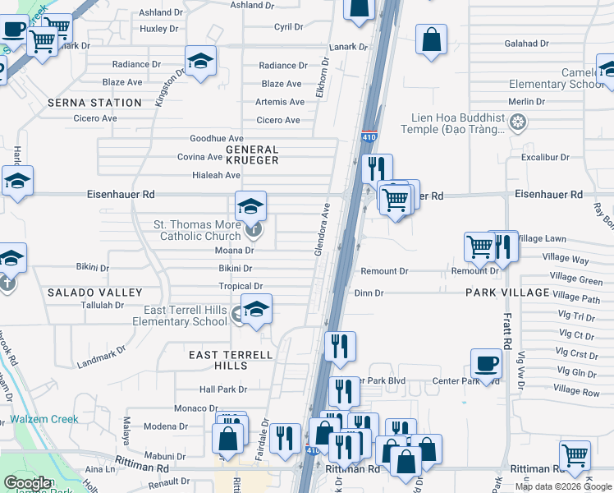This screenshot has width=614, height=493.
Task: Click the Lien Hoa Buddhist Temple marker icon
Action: pyautogui.click(x=518, y=123)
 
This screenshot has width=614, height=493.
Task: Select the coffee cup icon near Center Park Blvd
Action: pyautogui.click(x=486, y=363)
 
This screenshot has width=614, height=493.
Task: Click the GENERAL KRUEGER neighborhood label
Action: pyautogui.click(x=252, y=155)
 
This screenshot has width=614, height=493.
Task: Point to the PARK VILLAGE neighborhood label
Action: pyautogui.click(x=507, y=293)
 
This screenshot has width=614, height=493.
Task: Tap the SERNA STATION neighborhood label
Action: pyautogui.click(x=94, y=103)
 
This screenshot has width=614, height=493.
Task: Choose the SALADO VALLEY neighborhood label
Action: pyautogui.click(x=94, y=293)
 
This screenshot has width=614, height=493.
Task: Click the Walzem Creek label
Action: pyautogui.click(x=44, y=419)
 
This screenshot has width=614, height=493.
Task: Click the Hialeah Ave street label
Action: pyautogui.click(x=210, y=175)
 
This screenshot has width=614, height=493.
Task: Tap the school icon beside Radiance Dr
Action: pyautogui.click(x=200, y=62)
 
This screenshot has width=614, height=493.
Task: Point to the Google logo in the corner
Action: pyautogui.click(x=27, y=483)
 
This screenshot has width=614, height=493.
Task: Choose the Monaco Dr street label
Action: pyautogui.click(x=196, y=408)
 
